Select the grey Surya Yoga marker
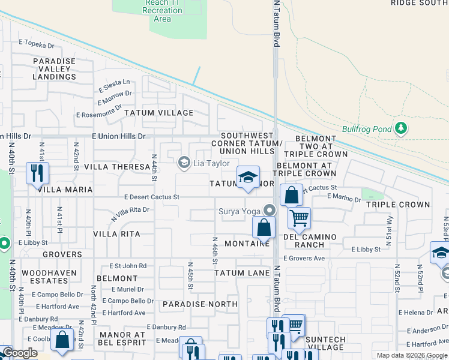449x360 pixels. click(270, 210)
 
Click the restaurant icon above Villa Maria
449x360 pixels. click(37, 173)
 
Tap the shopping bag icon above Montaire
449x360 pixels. click(264, 227)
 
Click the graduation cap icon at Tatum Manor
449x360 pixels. click(247, 177)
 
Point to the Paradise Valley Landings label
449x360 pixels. click(54, 69)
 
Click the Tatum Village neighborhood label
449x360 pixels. click(158, 113)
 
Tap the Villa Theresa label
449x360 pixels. click(116, 166)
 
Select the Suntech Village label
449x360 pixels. click(325, 343)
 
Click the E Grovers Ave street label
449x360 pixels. click(304, 258)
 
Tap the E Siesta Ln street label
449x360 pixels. click(114, 82)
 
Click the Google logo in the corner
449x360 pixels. click(19, 353)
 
